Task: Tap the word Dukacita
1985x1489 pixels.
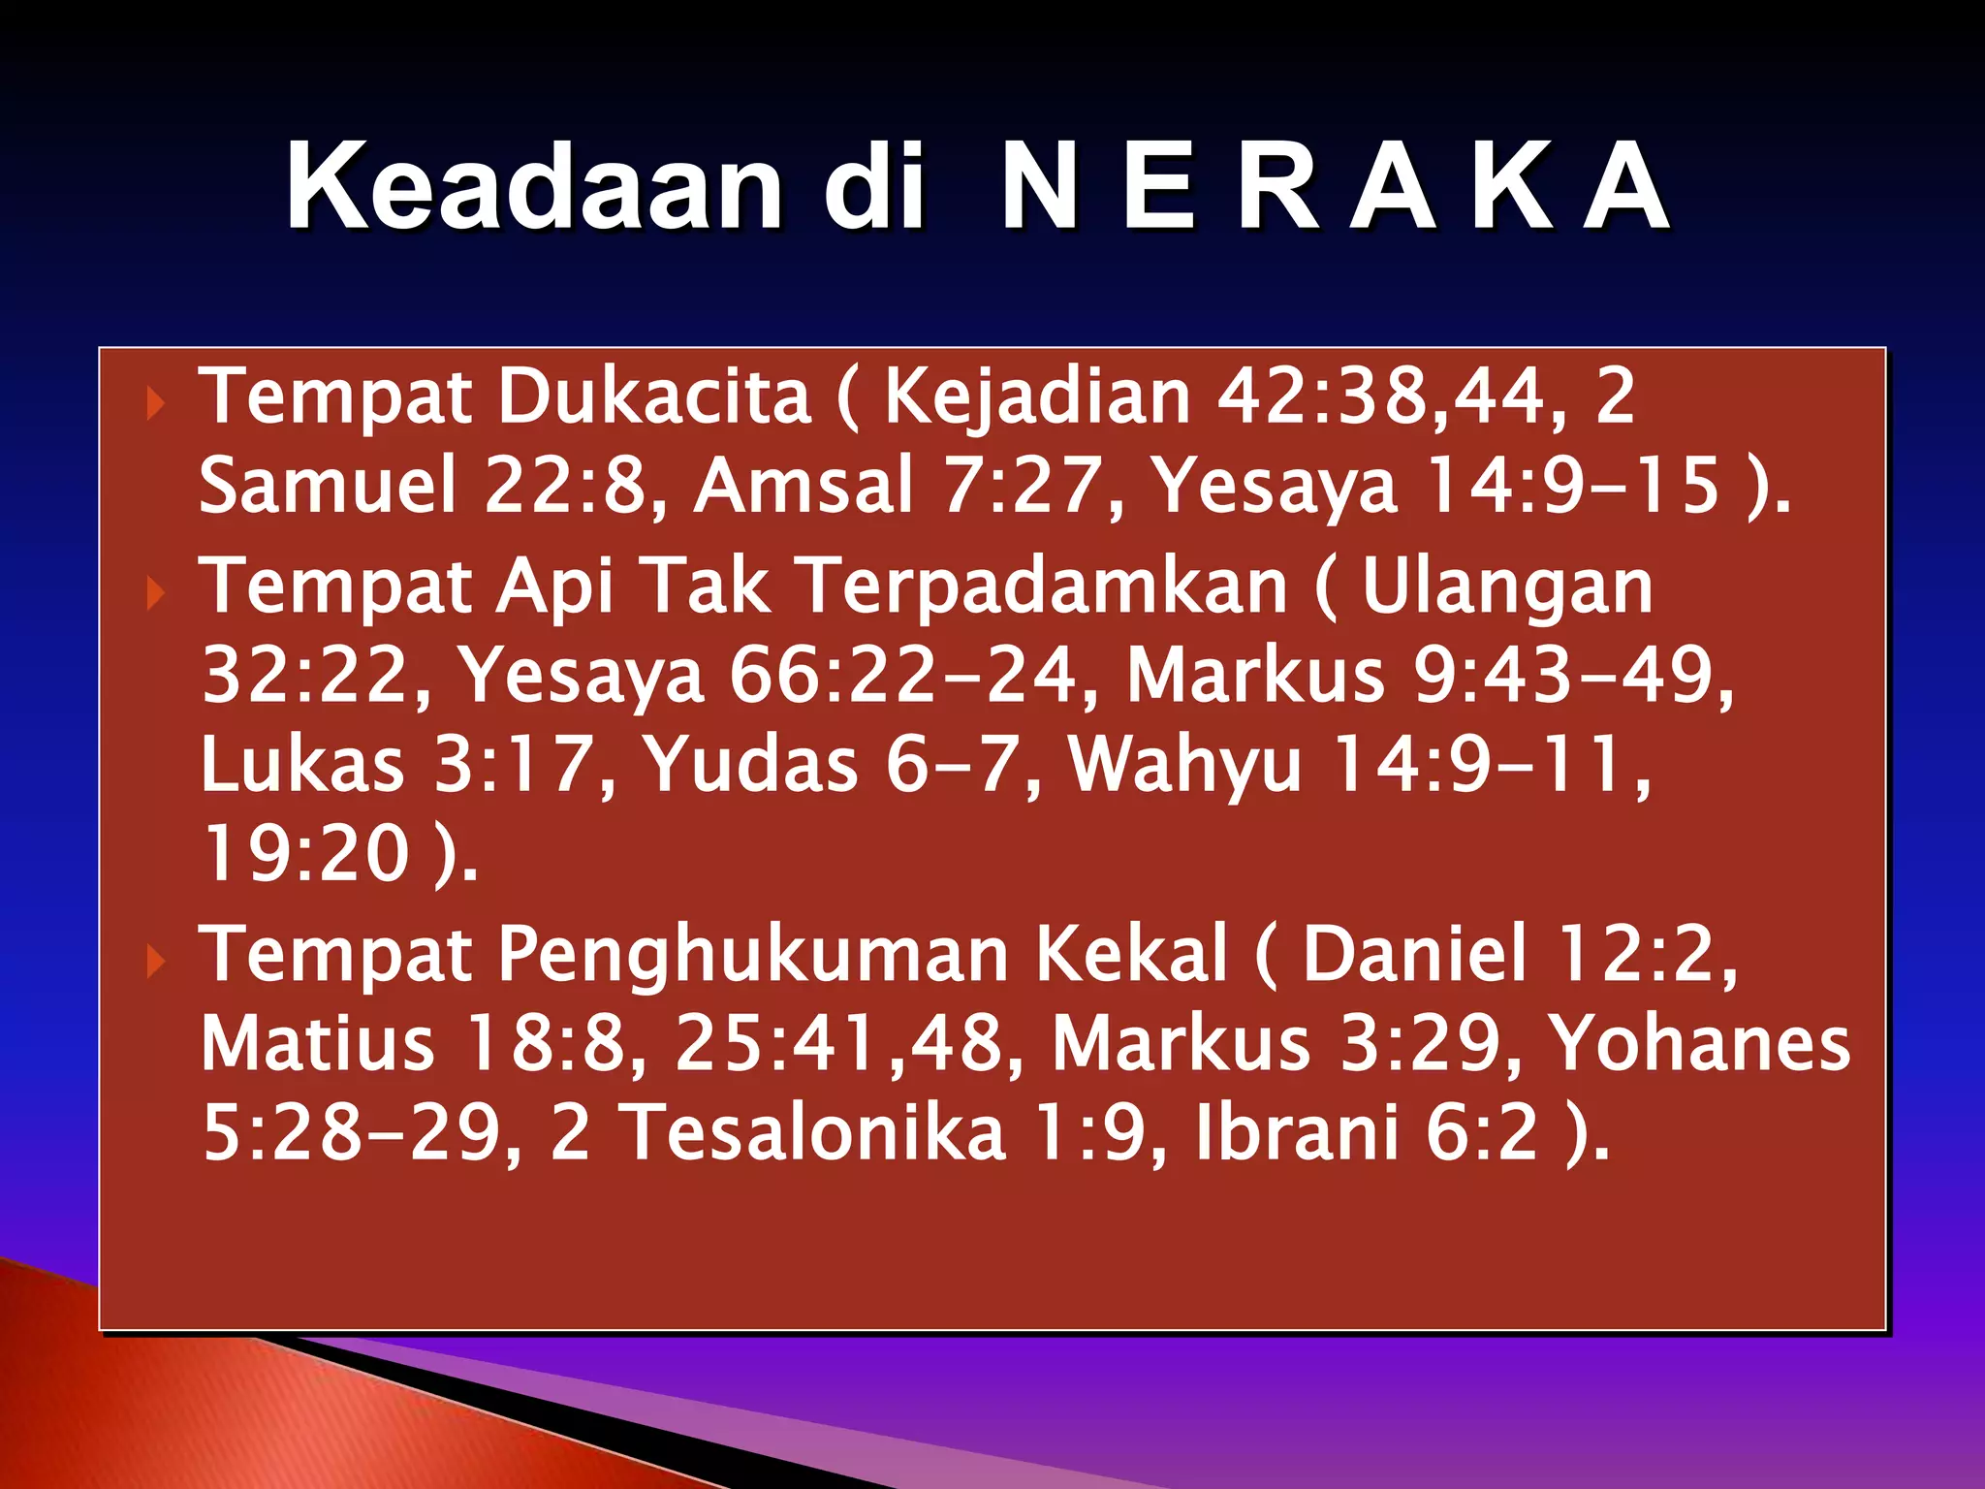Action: [654, 397]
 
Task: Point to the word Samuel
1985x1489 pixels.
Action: [327, 485]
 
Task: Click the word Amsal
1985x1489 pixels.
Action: [803, 485]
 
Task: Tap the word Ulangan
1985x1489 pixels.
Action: [1507, 587]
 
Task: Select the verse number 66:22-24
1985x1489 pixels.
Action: [901, 675]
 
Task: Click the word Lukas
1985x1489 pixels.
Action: [302, 764]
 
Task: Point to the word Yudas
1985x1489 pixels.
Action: [751, 764]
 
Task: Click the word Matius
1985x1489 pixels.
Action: [318, 1043]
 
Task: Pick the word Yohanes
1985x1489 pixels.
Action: [1699, 1043]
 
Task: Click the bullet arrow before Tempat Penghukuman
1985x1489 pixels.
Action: [154, 962]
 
